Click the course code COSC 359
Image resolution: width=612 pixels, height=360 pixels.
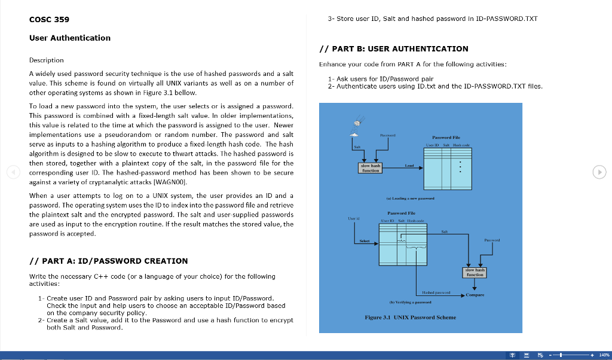pyautogui.click(x=49, y=19)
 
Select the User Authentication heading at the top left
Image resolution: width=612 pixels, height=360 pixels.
pyautogui.click(x=70, y=38)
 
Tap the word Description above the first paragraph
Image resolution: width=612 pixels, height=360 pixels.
pyautogui.click(x=47, y=60)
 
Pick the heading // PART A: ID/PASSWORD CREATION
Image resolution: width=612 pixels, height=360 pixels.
pyautogui.click(x=108, y=261)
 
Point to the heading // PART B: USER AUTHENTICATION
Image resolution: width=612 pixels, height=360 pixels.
pyautogui.click(x=394, y=48)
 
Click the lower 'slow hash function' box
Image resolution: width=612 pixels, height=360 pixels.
pyautogui.click(x=475, y=273)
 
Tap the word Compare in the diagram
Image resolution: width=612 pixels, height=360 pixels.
pyautogui.click(x=476, y=295)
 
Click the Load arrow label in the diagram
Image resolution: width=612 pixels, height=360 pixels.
pyautogui.click(x=409, y=165)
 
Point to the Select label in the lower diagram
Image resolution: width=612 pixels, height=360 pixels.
pyautogui.click(x=364, y=242)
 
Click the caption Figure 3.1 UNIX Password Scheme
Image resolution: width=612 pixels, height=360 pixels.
pyautogui.click(x=410, y=317)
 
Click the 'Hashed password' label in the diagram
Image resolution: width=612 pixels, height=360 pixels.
pyautogui.click(x=436, y=292)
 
